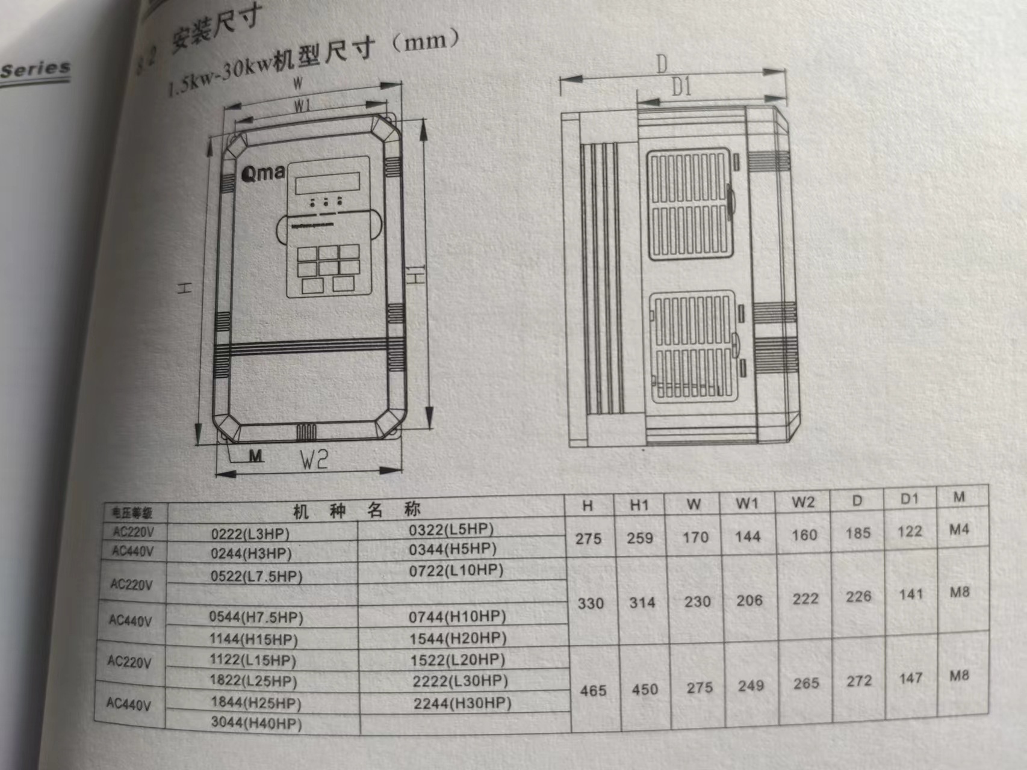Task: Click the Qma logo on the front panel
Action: click(262, 173)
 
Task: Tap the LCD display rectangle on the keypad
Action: click(327, 182)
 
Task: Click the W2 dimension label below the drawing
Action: click(314, 460)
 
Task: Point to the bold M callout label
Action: click(256, 456)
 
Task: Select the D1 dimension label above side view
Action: click(681, 88)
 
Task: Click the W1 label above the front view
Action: click(302, 106)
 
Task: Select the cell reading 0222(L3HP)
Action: click(250, 534)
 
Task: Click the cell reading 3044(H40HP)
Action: click(256, 723)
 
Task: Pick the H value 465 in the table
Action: click(593, 691)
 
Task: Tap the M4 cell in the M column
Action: click(959, 530)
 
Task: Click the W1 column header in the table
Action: click(746, 504)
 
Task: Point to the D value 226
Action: click(858, 596)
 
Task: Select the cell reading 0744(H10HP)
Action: click(458, 617)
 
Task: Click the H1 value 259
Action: click(640, 538)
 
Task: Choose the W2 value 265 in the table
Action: click(806, 683)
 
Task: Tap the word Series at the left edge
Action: click(35, 69)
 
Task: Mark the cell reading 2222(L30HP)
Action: click(461, 681)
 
